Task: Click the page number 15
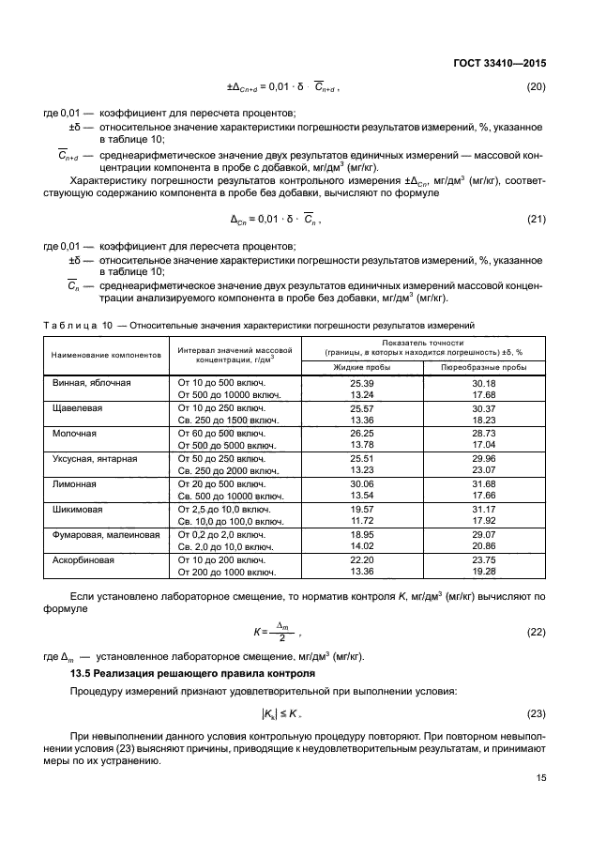[540, 777]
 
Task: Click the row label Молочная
[73, 434]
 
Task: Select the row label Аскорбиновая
[81, 559]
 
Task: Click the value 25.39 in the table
[362, 384]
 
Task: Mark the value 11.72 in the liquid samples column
[362, 520]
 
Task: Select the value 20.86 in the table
[483, 545]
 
